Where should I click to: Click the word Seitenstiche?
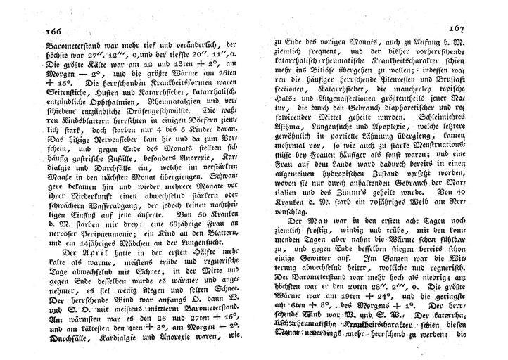pos(70,82)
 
